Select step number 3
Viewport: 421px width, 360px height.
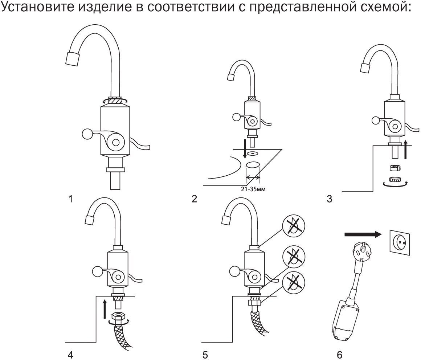click(329, 199)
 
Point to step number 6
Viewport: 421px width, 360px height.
click(340, 354)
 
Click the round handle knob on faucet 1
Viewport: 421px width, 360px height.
click(88, 134)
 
